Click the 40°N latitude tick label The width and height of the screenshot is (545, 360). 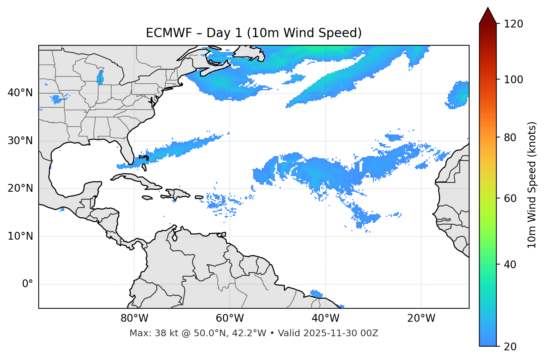[20, 93]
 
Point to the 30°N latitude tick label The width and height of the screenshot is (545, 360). [20, 141]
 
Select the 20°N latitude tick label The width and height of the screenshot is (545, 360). [20, 188]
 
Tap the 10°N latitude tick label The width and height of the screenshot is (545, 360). [20, 236]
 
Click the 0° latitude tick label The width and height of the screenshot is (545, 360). [27, 284]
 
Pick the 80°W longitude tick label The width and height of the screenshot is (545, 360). [134, 318]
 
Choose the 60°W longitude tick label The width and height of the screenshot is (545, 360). [230, 318]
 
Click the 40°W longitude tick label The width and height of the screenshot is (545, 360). [325, 318]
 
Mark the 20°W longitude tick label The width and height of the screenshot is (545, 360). [421, 318]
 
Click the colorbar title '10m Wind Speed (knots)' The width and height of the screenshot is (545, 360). [532, 185]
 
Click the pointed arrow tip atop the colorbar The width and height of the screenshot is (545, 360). [488, 9]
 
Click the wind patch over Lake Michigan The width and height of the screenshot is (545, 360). [100, 78]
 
